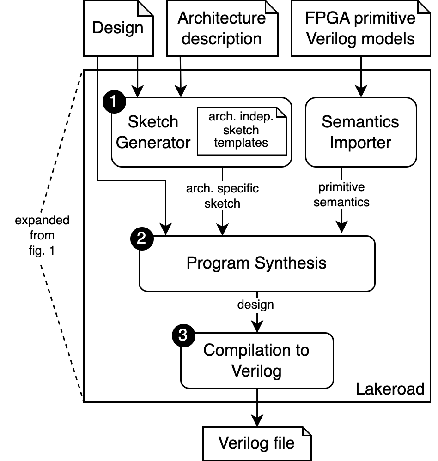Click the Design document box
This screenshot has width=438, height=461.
[x=118, y=28]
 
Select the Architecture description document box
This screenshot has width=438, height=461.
[x=222, y=28]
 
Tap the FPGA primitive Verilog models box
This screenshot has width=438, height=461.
[x=360, y=28]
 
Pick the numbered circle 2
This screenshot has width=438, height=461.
[x=142, y=239]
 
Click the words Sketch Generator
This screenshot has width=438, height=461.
[x=153, y=132]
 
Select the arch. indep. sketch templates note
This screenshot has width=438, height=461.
[x=241, y=130]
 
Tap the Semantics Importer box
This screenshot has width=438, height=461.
[x=361, y=132]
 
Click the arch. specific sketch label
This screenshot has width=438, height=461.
[x=222, y=196]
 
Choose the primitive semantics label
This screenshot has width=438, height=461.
[x=341, y=194]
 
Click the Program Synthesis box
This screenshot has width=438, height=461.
[x=256, y=263]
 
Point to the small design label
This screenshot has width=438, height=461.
[x=255, y=305]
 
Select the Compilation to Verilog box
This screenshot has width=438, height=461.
[x=256, y=360]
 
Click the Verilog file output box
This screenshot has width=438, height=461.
[x=256, y=443]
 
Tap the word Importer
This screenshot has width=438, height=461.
[x=360, y=142]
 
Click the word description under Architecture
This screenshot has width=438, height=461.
[x=222, y=38]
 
